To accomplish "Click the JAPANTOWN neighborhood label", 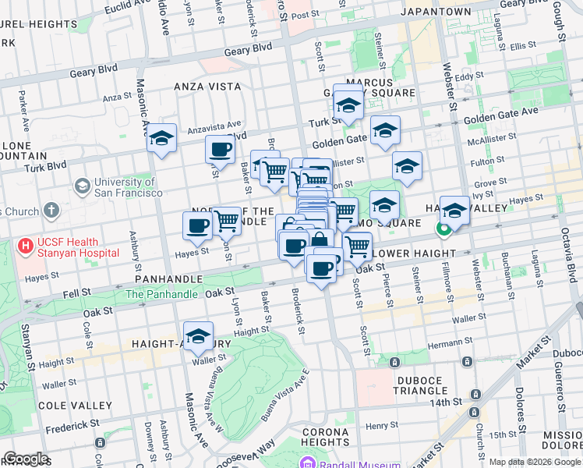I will point(436,12).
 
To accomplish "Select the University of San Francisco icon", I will point(82,186).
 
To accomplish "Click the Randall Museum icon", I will point(307,463).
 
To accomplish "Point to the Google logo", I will point(26,459).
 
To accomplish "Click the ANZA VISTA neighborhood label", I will point(205,86).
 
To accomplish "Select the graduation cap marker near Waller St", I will point(199,337).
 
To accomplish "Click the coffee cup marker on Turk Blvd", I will point(220,150).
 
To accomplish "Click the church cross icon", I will point(51,211).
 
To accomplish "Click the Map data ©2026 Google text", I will point(534,462).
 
